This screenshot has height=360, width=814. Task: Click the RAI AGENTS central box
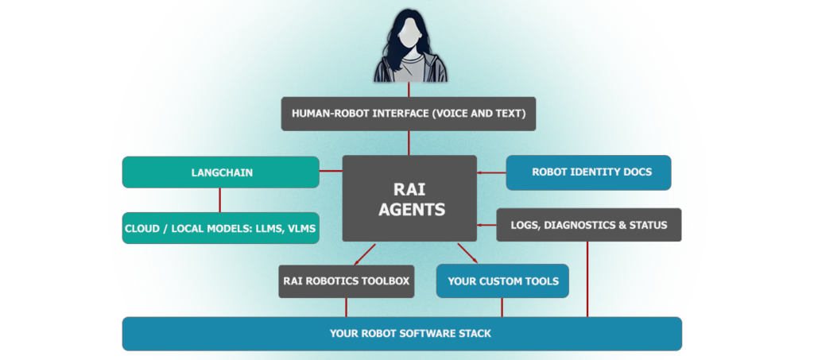click(409, 198)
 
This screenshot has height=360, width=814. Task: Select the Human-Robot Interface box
click(409, 114)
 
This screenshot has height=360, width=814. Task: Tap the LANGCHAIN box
click(221, 172)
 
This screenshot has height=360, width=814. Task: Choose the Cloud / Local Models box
click(221, 228)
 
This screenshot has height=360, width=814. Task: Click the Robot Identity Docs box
click(589, 172)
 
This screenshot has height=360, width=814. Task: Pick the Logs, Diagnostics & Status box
click(589, 225)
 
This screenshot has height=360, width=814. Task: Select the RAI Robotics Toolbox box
click(347, 281)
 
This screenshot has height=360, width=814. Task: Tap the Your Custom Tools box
click(502, 281)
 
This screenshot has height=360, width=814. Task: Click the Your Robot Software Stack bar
click(401, 334)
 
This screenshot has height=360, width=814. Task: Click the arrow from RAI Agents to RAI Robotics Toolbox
click(365, 254)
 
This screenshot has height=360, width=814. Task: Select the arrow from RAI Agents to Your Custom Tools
click(467, 254)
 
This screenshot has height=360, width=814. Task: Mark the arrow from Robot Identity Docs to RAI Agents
click(491, 172)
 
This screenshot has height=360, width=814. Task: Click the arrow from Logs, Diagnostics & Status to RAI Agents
click(487, 225)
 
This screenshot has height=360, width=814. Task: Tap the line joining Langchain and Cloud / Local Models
click(219, 200)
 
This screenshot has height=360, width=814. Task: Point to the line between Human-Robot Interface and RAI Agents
click(409, 143)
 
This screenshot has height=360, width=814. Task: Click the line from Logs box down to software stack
click(587, 279)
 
